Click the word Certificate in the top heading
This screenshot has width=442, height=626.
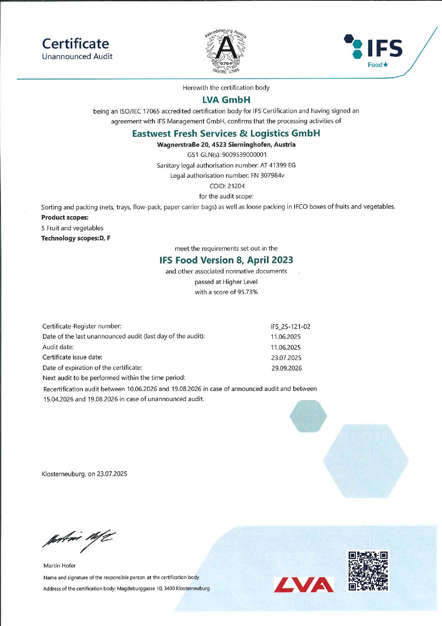[x=76, y=43]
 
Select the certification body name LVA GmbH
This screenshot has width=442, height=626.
[x=226, y=100]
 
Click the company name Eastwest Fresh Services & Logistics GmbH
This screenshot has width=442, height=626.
[x=226, y=133]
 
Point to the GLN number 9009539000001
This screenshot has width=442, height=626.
[x=244, y=155]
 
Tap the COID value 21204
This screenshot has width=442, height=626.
[x=236, y=186]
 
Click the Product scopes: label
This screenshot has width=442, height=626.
[x=65, y=217]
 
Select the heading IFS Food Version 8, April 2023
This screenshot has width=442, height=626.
[x=226, y=260]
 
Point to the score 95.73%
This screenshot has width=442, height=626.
[x=248, y=292]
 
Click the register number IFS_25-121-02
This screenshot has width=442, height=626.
[x=290, y=327]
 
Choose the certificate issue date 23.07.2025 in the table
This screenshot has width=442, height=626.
[x=286, y=358]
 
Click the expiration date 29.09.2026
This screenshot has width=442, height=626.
[x=287, y=368]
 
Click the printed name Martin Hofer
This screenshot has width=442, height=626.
[x=60, y=566]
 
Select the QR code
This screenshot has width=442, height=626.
[x=368, y=571]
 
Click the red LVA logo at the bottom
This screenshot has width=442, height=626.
[x=304, y=585]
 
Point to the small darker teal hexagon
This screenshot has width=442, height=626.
[x=308, y=416]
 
